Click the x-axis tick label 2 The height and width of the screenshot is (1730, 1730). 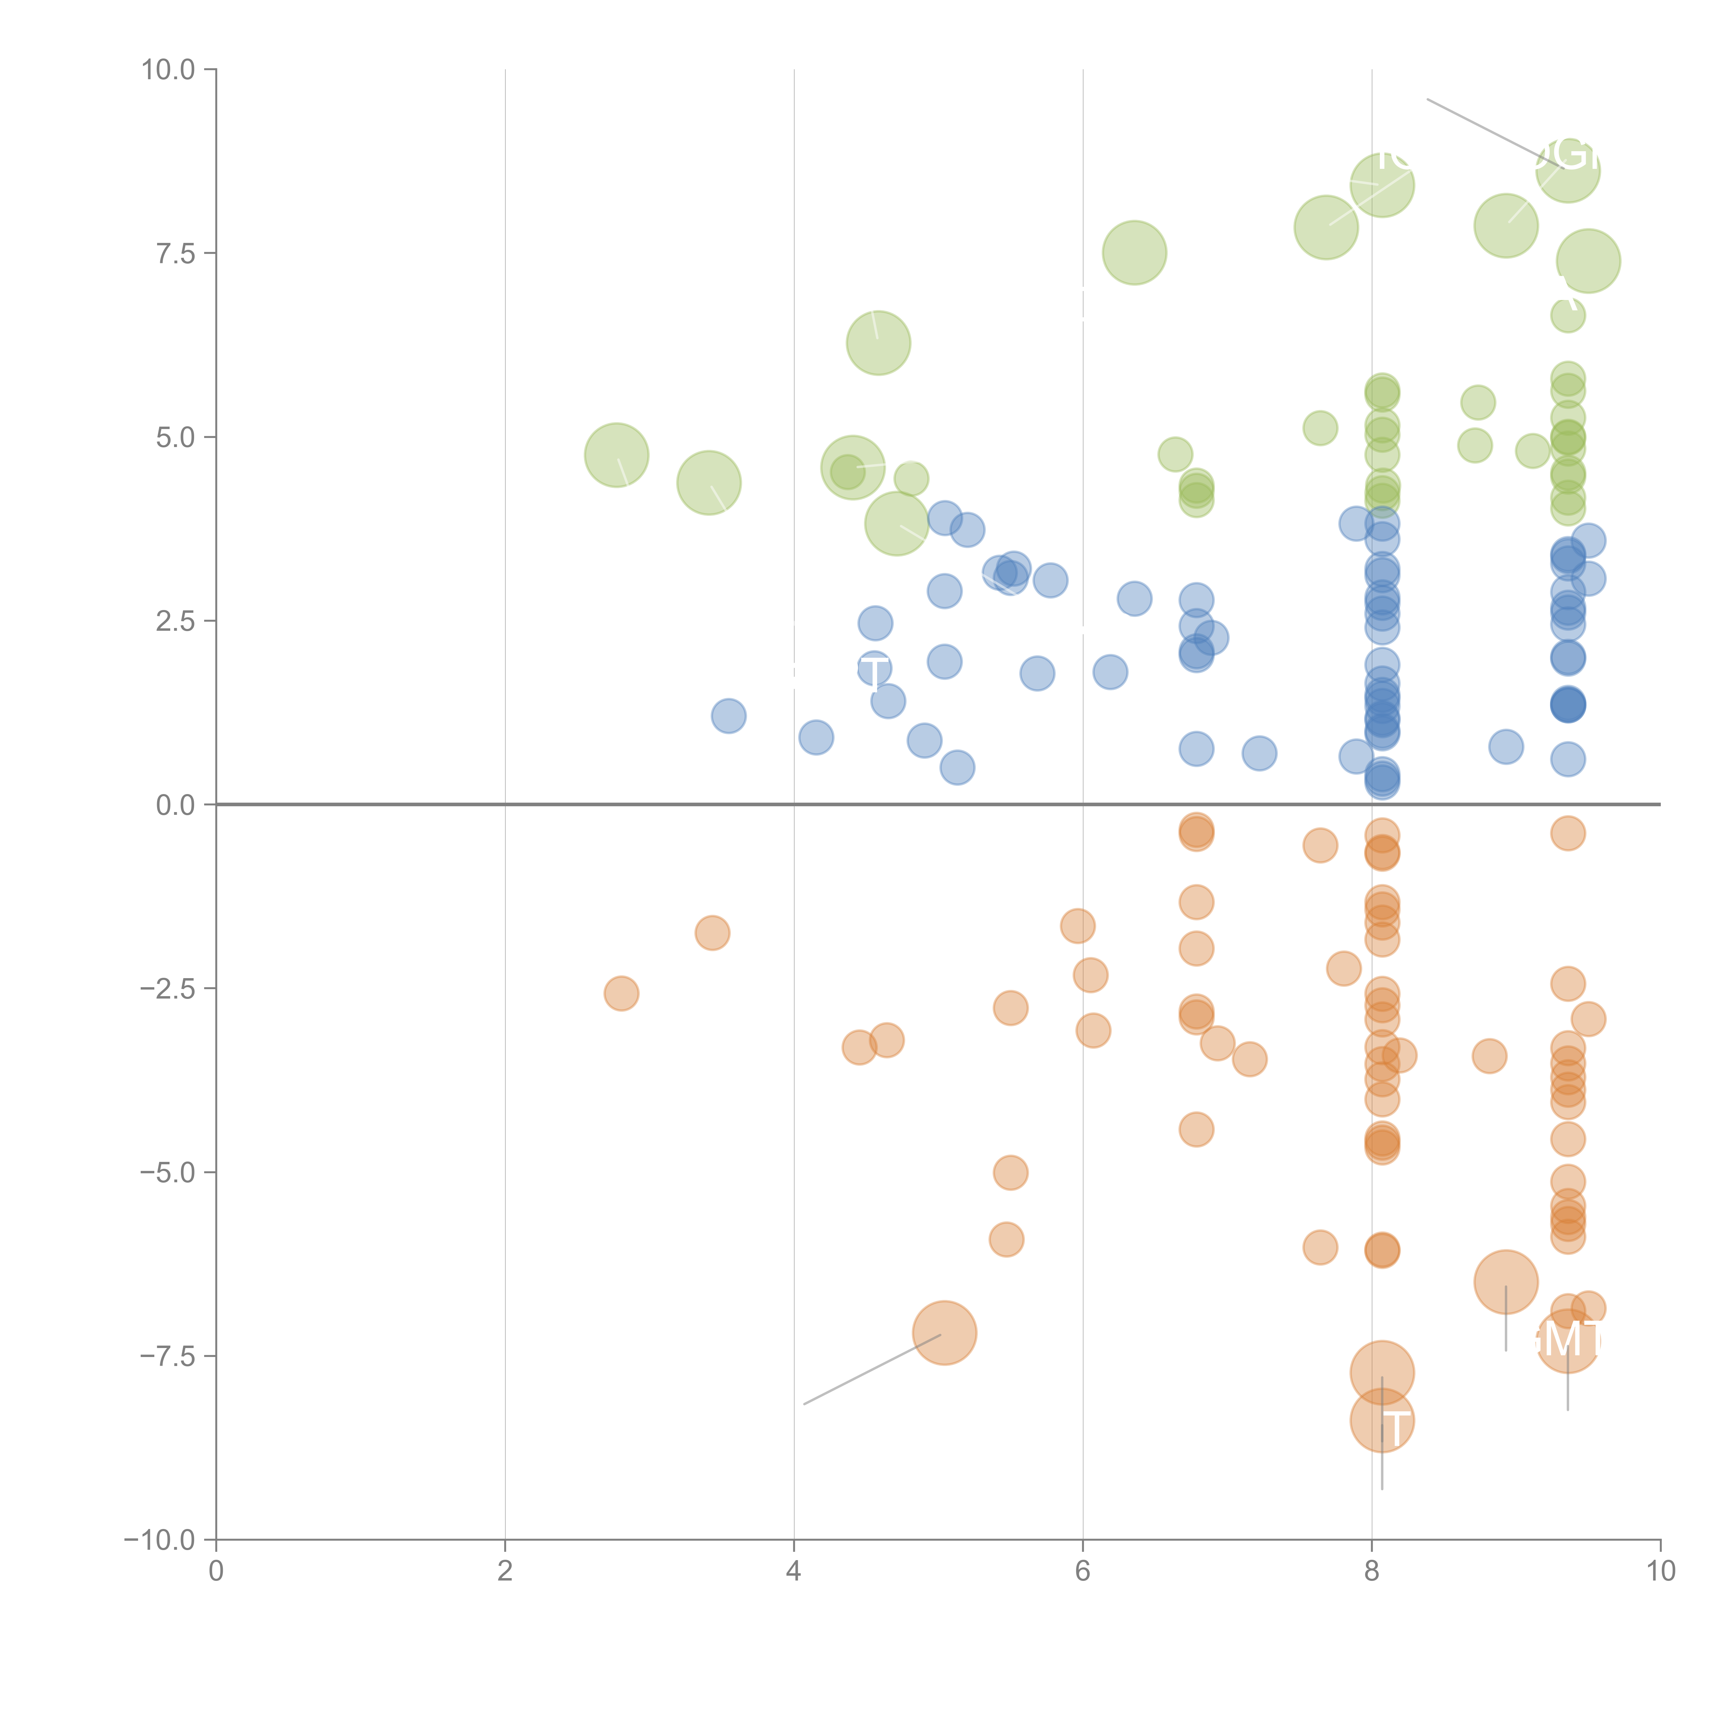click(505, 1572)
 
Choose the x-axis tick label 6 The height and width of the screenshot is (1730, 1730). click(1083, 1572)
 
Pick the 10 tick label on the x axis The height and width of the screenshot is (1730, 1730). click(1660, 1572)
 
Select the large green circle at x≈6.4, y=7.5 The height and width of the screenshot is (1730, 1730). click(1135, 253)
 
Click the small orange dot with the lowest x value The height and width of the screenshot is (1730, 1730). click(621, 993)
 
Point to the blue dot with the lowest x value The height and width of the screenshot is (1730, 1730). click(729, 716)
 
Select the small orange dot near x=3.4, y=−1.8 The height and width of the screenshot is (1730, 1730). click(712, 933)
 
